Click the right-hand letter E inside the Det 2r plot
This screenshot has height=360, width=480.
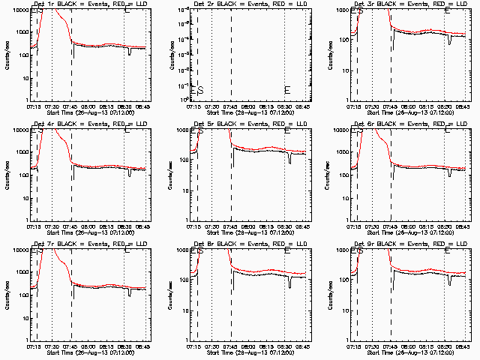coord(287,91)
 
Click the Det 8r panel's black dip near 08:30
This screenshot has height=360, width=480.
coord(289,283)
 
